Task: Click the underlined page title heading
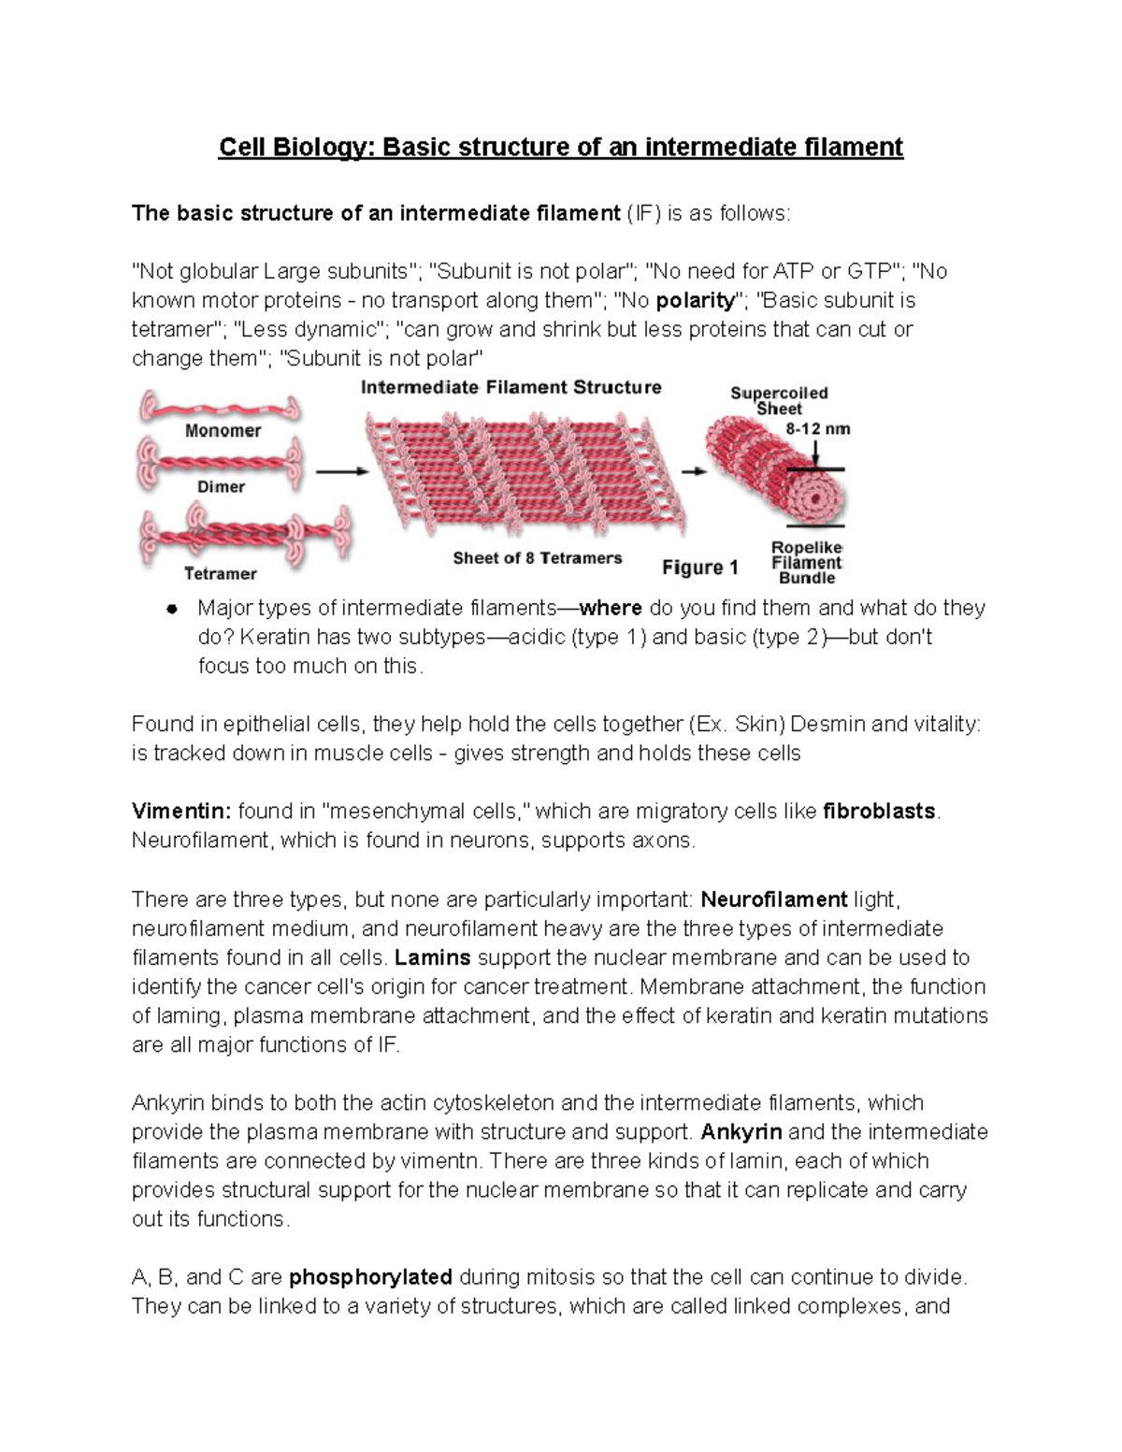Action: click(x=561, y=148)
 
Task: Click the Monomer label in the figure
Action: click(x=223, y=431)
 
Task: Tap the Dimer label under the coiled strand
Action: click(x=221, y=487)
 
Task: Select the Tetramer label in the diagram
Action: click(x=220, y=573)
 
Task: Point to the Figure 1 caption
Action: click(x=700, y=568)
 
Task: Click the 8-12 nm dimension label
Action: click(x=818, y=429)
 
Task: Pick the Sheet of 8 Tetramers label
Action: click(x=537, y=558)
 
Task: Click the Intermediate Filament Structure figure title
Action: click(x=511, y=387)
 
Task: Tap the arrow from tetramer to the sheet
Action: click(x=342, y=472)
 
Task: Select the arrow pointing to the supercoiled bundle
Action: click(x=694, y=472)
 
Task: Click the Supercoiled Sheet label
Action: click(x=779, y=401)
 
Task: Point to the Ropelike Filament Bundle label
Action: click(x=806, y=563)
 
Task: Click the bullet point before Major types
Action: click(x=171, y=609)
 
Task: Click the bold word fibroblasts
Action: click(x=879, y=812)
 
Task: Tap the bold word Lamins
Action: click(x=433, y=957)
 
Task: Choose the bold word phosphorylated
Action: click(x=371, y=1277)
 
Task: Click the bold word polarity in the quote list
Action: click(x=696, y=301)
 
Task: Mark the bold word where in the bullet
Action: click(x=611, y=609)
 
